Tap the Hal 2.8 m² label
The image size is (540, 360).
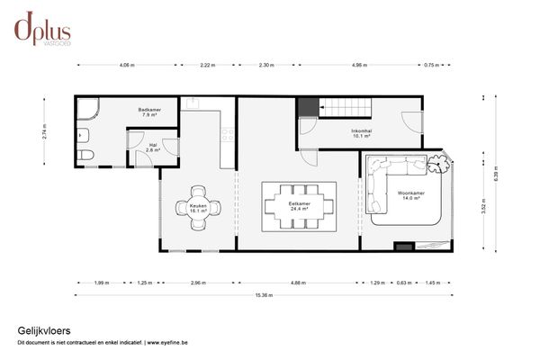point(152,148)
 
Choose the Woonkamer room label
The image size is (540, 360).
point(413,195)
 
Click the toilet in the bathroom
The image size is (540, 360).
point(85,155)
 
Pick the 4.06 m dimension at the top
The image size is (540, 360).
point(127,66)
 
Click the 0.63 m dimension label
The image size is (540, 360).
point(403,283)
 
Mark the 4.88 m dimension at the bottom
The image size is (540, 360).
point(298,283)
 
